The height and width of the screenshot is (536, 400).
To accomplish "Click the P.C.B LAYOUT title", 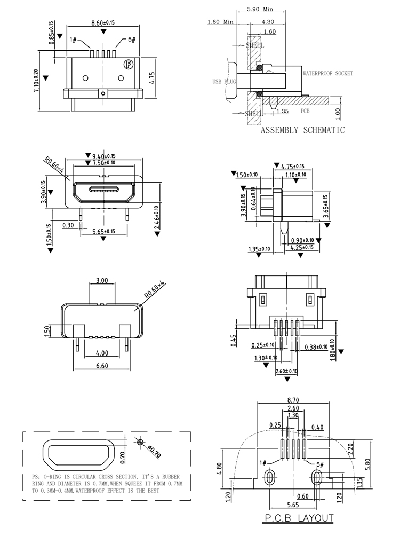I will pyautogui.click(x=299, y=518).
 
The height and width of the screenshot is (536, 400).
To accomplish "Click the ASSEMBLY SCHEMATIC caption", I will pyautogui.click(x=302, y=130).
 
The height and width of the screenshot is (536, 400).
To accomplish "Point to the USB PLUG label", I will pyautogui.click(x=224, y=82).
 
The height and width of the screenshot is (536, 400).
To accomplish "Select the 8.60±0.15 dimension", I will pyautogui.click(x=103, y=23).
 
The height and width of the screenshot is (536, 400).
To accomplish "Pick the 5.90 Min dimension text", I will pyautogui.click(x=260, y=9).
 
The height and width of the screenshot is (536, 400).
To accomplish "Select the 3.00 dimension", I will pyautogui.click(x=101, y=280).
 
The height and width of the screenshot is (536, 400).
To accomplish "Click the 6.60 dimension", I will pyautogui.click(x=101, y=366).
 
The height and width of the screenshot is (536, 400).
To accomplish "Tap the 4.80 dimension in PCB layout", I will pyautogui.click(x=219, y=468).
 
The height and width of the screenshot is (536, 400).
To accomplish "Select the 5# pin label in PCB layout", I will pyautogui.click(x=320, y=464).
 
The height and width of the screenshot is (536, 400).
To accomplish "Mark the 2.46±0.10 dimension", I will pyautogui.click(x=156, y=218).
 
